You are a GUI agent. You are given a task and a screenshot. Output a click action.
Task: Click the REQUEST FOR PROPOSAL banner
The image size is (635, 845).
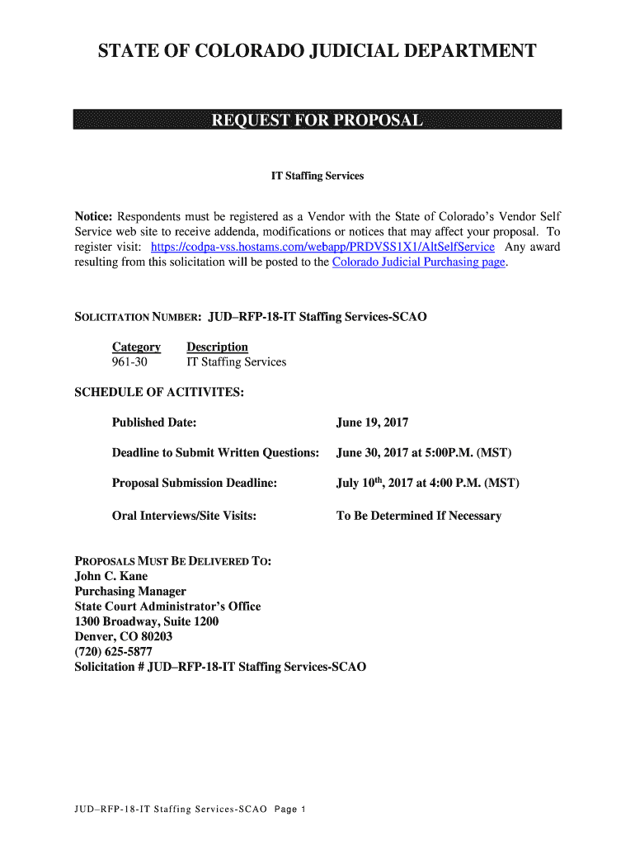[317, 120]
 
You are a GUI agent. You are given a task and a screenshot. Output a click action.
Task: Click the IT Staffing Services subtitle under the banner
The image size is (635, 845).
[317, 177]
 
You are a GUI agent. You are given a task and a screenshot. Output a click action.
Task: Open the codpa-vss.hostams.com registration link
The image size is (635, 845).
[323, 247]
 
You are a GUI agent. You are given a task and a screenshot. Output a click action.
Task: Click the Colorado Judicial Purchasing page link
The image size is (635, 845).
[418, 262]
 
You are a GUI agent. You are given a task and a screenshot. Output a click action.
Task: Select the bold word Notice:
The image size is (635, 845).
[93, 216]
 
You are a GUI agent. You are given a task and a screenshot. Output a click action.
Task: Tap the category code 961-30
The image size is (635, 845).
[129, 362]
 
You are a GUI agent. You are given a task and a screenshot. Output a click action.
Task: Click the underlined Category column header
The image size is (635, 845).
[136, 347]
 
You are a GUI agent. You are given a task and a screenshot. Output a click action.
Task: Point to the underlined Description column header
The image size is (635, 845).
[217, 347]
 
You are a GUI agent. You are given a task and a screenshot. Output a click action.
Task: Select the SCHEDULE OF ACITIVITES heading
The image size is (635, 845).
[159, 392]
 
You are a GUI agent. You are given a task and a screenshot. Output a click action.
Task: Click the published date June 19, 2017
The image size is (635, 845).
[372, 422]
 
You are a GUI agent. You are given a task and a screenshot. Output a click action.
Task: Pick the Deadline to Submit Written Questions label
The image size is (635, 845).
[215, 453]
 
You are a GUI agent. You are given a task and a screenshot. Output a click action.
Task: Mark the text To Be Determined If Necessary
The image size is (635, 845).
[418, 516]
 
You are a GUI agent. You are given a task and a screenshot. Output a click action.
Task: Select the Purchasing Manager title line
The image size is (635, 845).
[130, 591]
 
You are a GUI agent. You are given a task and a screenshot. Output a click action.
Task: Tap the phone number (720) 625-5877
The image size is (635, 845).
[114, 651]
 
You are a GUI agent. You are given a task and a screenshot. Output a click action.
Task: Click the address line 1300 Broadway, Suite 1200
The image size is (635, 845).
[147, 621]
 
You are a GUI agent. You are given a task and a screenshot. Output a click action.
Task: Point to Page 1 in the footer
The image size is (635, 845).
[290, 810]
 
